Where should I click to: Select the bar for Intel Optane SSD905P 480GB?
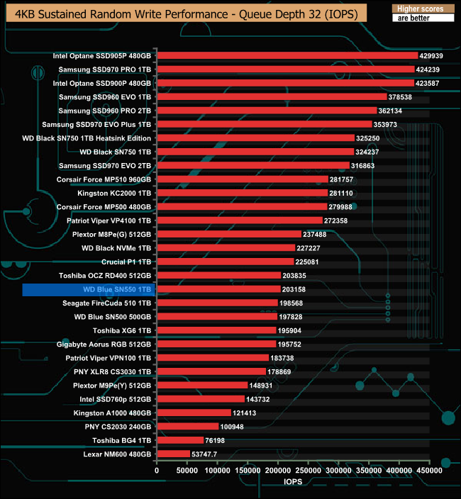tap(287, 55)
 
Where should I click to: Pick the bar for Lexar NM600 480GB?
tap(172, 454)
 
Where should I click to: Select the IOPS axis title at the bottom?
tap(293, 483)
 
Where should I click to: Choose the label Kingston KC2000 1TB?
tap(114, 193)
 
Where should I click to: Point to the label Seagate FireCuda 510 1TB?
tap(107, 303)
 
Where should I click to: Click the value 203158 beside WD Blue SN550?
tap(298, 289)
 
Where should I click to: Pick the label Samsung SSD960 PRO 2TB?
tap(105, 111)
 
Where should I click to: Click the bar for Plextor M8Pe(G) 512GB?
tap(228, 234)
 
